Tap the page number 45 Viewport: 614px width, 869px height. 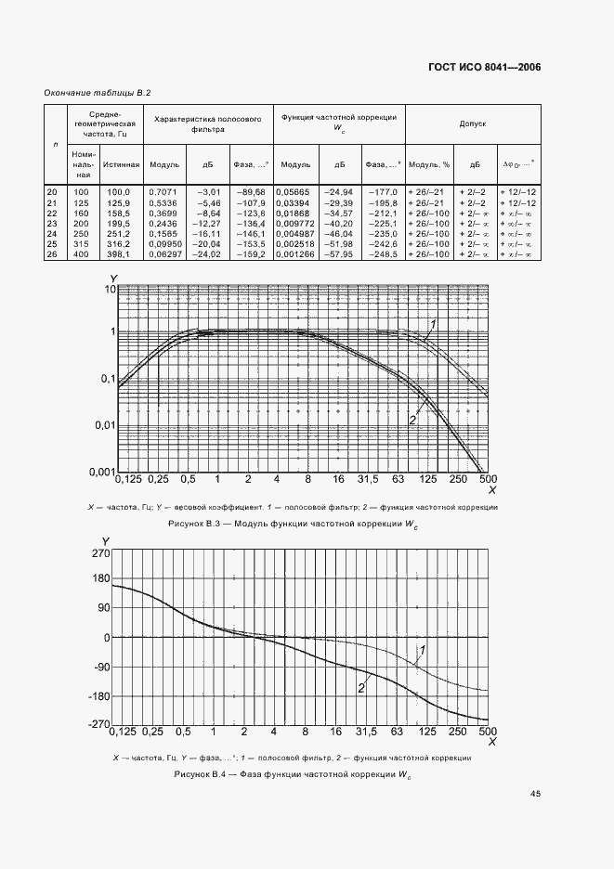(536, 794)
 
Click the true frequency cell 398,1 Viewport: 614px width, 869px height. (126, 253)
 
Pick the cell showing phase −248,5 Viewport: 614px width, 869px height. (384, 253)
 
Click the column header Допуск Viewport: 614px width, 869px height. (473, 122)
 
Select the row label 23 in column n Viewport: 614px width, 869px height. (52, 223)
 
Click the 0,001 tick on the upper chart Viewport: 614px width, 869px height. (101, 472)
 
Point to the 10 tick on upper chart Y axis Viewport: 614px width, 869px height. (109, 290)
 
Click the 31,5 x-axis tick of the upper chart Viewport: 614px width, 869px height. (369, 479)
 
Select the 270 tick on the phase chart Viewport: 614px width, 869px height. (100, 553)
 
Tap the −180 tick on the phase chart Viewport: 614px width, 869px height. (98, 696)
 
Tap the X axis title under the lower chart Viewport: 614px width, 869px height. (492, 742)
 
